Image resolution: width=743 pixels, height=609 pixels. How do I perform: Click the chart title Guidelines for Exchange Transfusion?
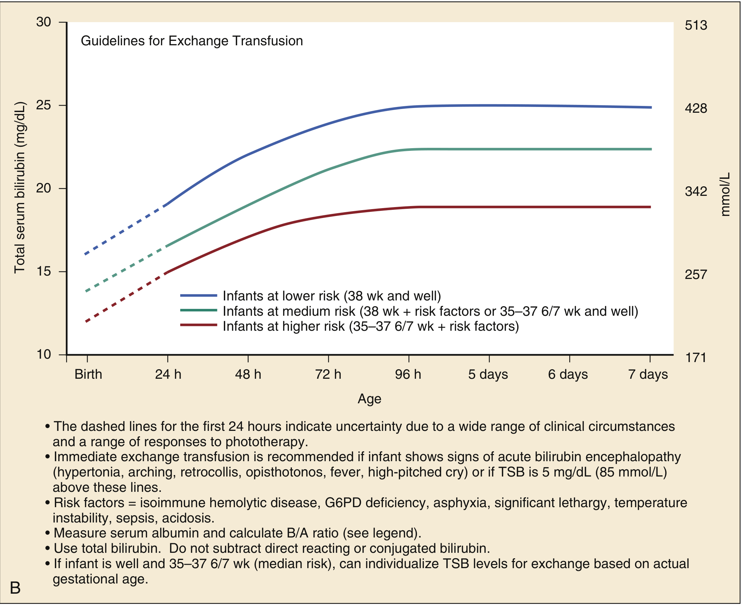[x=191, y=41]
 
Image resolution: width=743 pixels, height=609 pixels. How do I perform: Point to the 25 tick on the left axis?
[x=44, y=105]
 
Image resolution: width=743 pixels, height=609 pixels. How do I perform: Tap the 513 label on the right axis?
[x=696, y=25]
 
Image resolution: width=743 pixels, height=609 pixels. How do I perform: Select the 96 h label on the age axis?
[x=408, y=375]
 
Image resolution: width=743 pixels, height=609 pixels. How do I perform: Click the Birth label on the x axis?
[x=88, y=375]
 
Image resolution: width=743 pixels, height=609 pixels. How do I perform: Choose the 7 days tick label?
[x=648, y=375]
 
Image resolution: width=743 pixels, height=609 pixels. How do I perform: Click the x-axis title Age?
[x=369, y=399]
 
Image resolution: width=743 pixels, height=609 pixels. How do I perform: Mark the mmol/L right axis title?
[x=725, y=194]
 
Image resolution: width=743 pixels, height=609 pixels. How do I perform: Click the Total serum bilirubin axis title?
[x=20, y=188]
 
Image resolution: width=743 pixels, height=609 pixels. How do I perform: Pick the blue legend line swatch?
[x=199, y=296]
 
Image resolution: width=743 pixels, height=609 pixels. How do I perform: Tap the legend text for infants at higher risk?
[x=371, y=327]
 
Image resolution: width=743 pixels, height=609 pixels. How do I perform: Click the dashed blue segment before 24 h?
[x=126, y=229]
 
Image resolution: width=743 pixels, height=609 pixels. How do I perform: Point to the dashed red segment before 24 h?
[x=126, y=297]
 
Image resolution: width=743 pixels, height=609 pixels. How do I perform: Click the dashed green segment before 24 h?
[x=126, y=268]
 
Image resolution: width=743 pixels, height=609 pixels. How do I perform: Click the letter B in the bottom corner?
[x=15, y=588]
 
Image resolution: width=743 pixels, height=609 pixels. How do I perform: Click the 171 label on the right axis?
[x=695, y=358]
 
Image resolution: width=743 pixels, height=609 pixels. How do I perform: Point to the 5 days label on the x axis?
[x=488, y=375]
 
